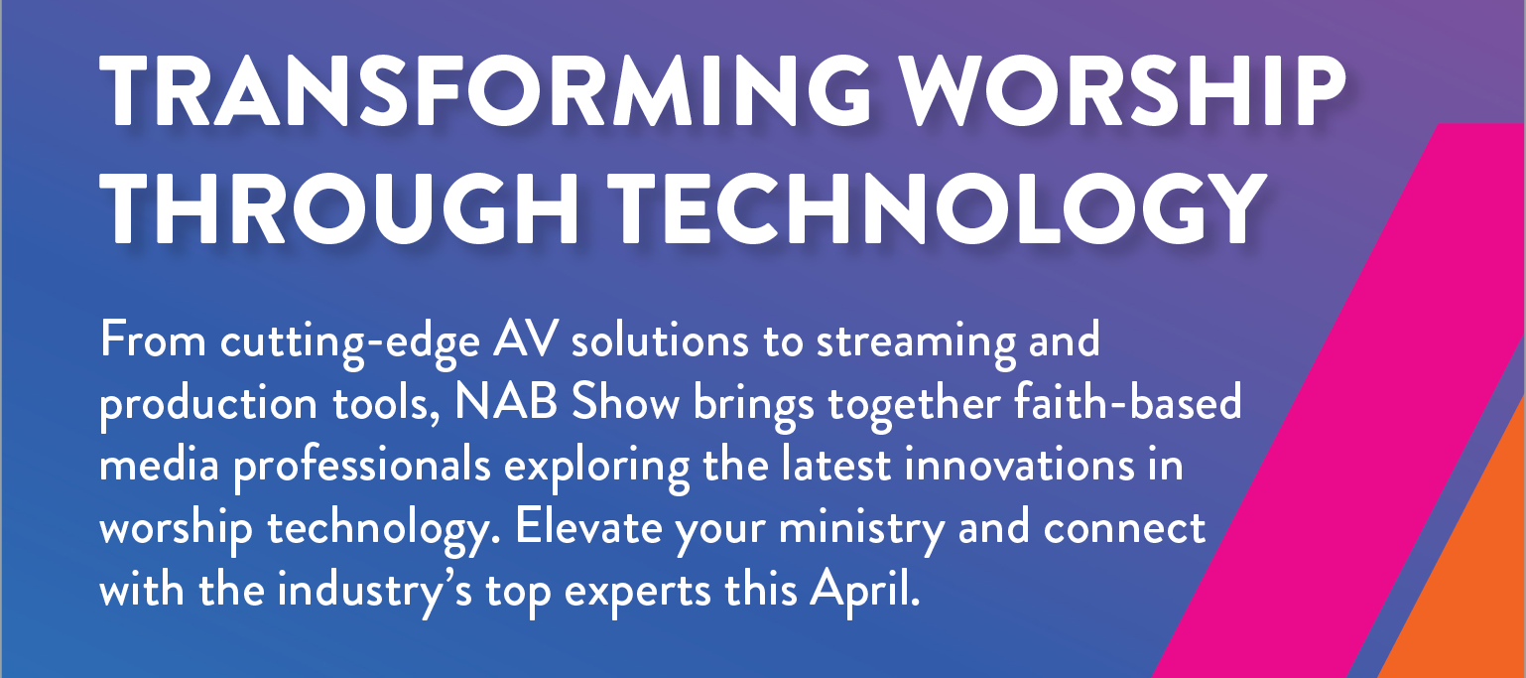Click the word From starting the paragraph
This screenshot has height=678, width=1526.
click(x=153, y=339)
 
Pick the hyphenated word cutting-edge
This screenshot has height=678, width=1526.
click(x=349, y=344)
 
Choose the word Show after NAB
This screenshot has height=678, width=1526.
click(x=625, y=402)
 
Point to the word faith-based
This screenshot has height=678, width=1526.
click(x=1127, y=401)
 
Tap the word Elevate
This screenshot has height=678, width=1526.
click(x=588, y=527)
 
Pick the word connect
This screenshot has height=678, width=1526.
click(x=1125, y=528)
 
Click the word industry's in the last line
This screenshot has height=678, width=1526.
click(x=374, y=593)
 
